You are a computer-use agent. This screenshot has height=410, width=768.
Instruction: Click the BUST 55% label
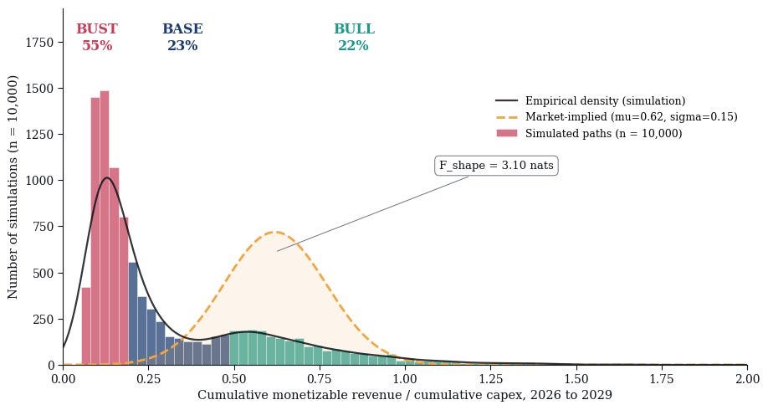(97, 37)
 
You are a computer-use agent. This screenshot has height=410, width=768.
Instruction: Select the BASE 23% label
(182, 37)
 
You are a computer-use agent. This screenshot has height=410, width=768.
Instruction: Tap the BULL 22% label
(354, 37)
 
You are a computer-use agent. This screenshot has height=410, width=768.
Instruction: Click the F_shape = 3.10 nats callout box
(496, 166)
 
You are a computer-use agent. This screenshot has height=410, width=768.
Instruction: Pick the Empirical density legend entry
(590, 101)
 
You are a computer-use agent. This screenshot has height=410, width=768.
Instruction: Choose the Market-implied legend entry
(617, 117)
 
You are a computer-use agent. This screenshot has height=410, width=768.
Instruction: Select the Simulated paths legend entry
(589, 133)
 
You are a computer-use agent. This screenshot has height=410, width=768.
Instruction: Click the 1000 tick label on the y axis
(39, 181)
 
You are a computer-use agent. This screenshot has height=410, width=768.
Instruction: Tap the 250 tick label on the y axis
(43, 320)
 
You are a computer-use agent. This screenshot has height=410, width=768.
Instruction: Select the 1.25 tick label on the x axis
(491, 379)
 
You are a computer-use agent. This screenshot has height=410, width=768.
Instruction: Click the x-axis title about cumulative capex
(405, 395)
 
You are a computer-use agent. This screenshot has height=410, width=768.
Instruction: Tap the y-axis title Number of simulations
(13, 187)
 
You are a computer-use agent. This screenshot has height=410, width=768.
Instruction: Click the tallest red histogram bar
(105, 228)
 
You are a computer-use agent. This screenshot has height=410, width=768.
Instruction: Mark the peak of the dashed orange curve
(276, 232)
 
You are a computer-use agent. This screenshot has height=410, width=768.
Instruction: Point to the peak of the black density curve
(107, 178)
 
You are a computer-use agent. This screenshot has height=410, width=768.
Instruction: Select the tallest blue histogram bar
(133, 314)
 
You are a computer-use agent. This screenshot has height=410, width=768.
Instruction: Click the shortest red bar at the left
(85, 326)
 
